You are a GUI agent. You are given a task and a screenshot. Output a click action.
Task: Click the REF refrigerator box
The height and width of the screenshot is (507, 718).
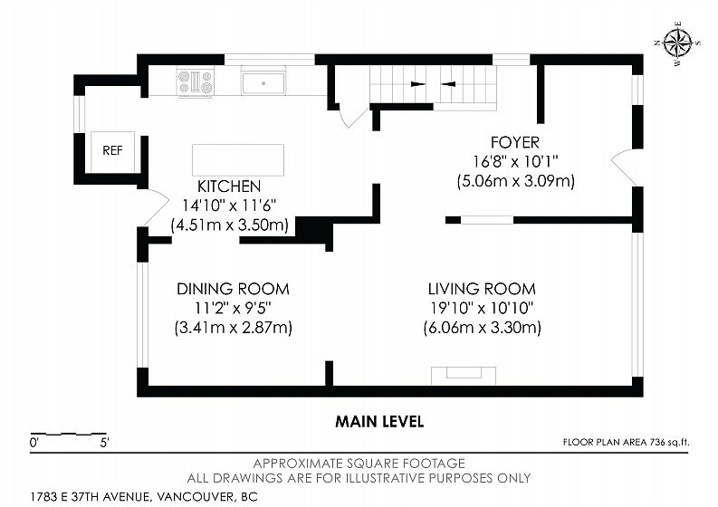click(112, 152)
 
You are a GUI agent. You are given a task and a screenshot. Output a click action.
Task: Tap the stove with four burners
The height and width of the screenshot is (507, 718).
click(196, 82)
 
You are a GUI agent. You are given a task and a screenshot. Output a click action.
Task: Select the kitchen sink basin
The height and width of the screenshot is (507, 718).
click(263, 83)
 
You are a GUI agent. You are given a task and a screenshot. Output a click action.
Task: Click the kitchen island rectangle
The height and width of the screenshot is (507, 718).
click(238, 160)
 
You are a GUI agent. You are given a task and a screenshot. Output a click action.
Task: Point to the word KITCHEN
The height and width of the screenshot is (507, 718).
click(229, 187)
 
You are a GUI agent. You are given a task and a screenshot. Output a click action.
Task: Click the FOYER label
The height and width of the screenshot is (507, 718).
click(515, 142)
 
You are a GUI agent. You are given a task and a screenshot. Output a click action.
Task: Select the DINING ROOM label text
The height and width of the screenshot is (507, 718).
click(233, 289)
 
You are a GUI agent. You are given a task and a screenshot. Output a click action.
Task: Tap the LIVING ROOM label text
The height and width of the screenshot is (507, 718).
click(482, 289)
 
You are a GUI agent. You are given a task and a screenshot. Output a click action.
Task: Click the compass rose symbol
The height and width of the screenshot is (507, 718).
click(677, 44)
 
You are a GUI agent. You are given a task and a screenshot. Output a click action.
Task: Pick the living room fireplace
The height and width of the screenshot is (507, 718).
click(464, 376)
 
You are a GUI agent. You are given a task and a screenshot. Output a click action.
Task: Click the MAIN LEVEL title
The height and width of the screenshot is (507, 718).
click(379, 421)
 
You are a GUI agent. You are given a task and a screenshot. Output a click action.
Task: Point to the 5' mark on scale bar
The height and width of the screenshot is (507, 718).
click(105, 443)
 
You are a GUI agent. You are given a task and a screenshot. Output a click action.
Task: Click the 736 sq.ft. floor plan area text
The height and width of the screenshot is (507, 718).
click(626, 442)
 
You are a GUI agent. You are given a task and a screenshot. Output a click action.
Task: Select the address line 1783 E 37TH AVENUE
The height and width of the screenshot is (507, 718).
click(91, 497)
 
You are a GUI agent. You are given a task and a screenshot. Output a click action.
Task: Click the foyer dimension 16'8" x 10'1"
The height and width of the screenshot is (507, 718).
click(515, 162)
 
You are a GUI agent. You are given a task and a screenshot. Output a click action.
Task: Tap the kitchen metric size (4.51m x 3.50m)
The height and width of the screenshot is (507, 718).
click(230, 225)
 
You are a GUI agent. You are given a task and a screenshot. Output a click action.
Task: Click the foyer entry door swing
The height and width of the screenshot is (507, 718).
click(623, 167)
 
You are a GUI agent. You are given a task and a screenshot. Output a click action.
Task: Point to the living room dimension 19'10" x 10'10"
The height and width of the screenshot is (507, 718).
click(482, 308)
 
